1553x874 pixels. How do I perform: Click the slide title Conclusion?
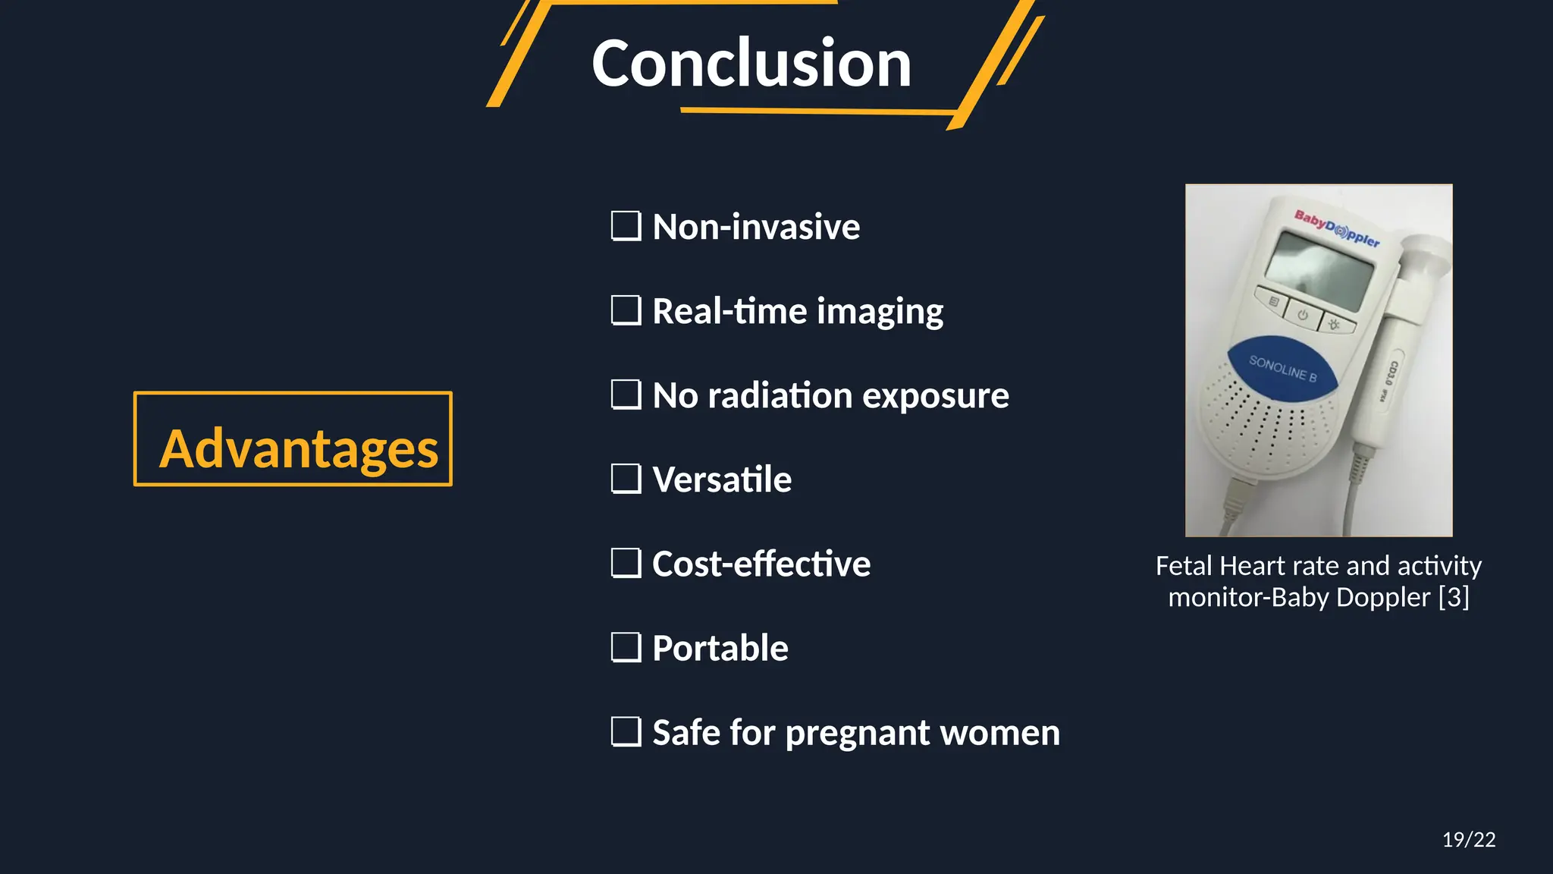[x=751, y=64]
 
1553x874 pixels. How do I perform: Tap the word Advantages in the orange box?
[x=298, y=448]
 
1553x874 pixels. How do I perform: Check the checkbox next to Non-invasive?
[x=626, y=226]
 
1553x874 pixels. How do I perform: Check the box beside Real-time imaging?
[x=626, y=310]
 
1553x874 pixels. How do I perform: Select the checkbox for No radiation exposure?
[x=626, y=395]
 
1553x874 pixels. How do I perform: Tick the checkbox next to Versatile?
[x=626, y=479]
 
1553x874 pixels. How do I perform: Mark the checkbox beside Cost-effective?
[x=626, y=563]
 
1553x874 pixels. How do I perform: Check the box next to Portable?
[x=626, y=647]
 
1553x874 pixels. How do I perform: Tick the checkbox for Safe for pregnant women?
[x=626, y=731]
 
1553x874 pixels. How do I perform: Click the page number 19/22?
[x=1468, y=839]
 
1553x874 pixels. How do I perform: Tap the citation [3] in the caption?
[x=1454, y=597]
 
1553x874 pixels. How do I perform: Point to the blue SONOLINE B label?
[x=1282, y=369]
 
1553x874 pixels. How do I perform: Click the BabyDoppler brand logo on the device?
[x=1336, y=228]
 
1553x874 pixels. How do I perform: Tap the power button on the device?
[x=1302, y=315]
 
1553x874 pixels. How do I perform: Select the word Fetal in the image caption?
[x=1184, y=566]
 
